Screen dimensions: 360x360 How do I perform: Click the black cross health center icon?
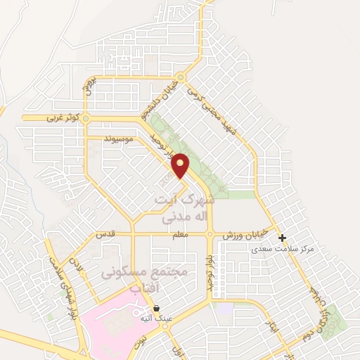(283, 238)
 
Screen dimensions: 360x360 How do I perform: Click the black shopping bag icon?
(156, 308)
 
